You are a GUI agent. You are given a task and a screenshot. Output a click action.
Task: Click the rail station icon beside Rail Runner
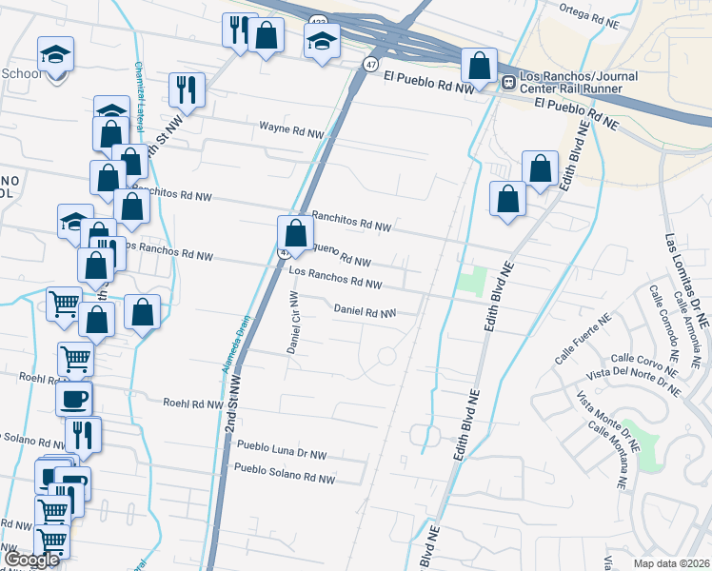pyautogui.click(x=508, y=83)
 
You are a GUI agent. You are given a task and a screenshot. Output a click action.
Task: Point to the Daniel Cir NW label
pyautogui.click(x=294, y=323)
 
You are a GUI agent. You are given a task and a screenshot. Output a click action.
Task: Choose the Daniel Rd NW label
pyautogui.click(x=365, y=311)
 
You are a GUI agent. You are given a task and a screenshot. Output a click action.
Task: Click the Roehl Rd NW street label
pyautogui.click(x=192, y=404)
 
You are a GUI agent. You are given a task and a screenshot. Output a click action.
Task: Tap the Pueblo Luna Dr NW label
pyautogui.click(x=281, y=444)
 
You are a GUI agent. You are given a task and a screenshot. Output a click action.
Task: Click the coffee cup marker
pyautogui.click(x=74, y=398)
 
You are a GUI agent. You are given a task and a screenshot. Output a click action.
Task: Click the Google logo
pyautogui.click(x=32, y=561)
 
